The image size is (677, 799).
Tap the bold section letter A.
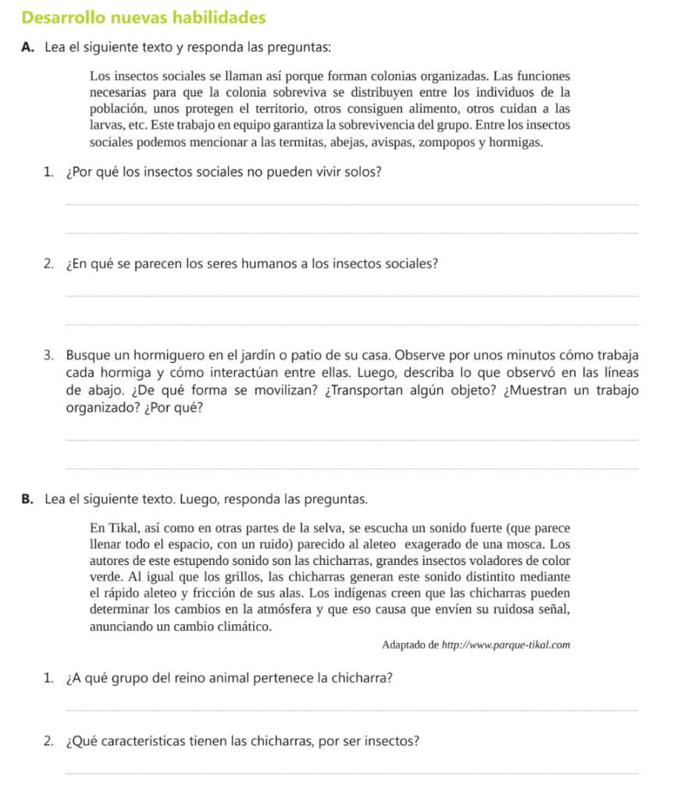(28, 47)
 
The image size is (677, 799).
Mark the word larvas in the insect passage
(106, 125)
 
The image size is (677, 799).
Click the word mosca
(522, 544)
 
